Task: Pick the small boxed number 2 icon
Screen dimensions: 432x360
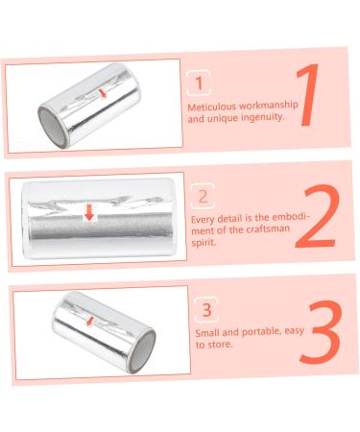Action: (202, 198)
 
